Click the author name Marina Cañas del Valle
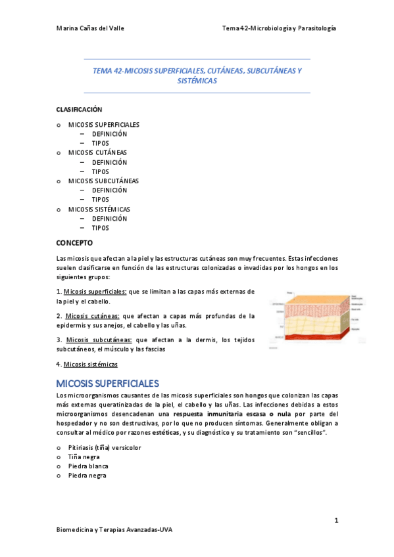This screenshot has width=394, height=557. tap(90, 28)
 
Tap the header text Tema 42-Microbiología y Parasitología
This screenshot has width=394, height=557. tap(280, 28)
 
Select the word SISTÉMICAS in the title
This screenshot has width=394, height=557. tap(197, 81)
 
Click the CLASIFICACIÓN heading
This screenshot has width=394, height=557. tap(79, 109)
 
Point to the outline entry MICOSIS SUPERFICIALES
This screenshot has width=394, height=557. tap(103, 124)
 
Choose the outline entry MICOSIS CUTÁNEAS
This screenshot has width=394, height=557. tap(97, 152)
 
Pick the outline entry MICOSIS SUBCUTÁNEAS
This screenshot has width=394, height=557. tap(103, 181)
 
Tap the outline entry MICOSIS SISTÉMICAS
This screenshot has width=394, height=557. tap(99, 209)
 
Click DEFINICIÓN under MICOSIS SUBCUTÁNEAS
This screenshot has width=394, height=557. tap(109, 190)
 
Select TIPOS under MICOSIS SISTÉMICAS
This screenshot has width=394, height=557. tap(100, 228)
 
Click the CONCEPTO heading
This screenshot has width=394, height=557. tap(75, 242)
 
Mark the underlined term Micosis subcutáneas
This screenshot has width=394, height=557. tap(99, 340)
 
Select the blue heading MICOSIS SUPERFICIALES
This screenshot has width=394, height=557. tap(108, 383)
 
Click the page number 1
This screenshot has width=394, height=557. tap(335, 521)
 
